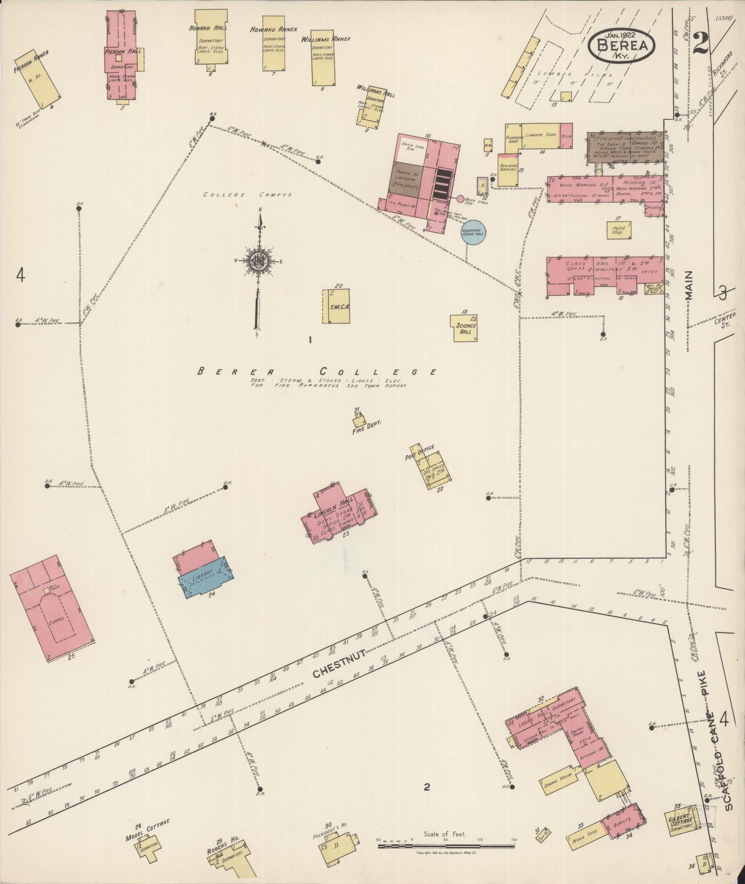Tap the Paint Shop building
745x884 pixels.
coord(619,230)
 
